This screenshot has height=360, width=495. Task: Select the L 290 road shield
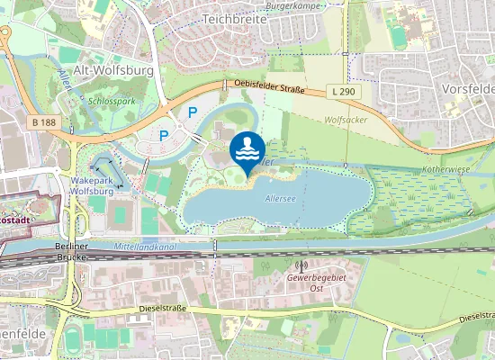tap(343, 92)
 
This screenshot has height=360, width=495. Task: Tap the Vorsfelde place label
tap(468, 90)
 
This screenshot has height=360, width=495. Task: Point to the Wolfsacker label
tap(345, 117)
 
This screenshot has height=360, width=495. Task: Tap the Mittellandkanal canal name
tap(144, 246)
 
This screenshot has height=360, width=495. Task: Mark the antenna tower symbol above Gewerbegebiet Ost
tap(301, 266)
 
